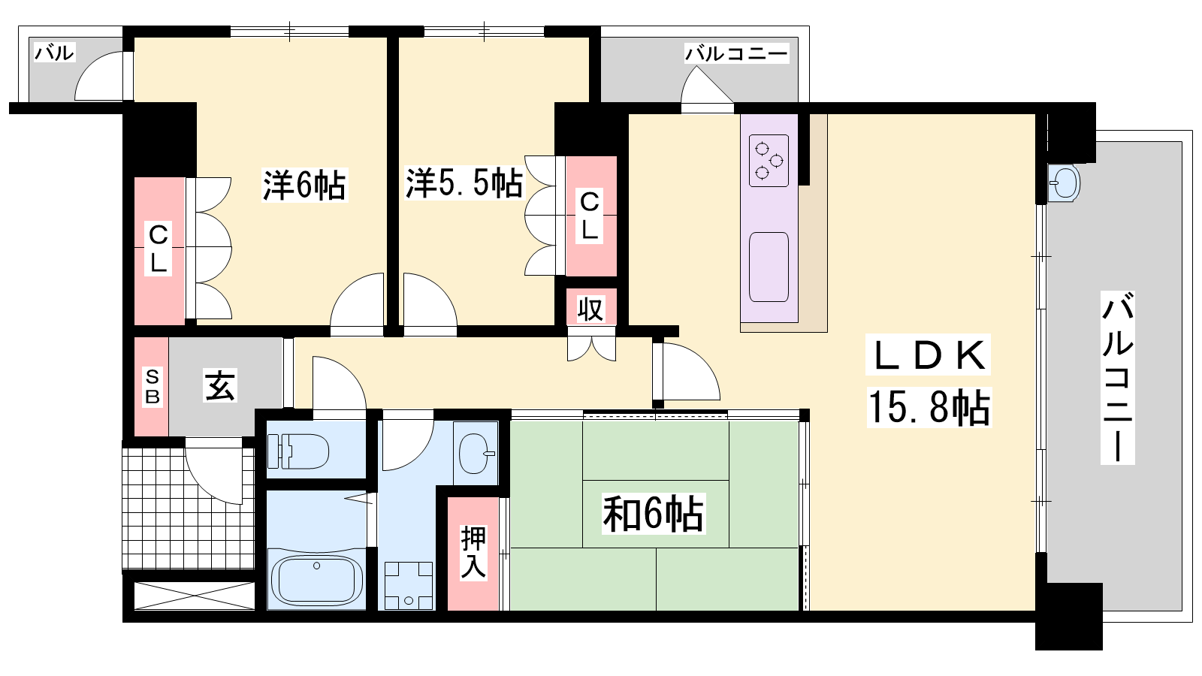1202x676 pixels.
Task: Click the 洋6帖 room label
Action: point(304,185)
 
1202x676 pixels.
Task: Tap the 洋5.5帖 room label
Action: point(464,183)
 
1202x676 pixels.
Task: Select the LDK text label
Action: point(929,355)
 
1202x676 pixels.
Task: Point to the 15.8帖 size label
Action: point(929,408)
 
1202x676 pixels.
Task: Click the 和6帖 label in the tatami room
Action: point(653,514)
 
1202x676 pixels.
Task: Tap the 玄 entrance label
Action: point(219,385)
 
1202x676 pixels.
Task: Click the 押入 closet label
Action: point(473,553)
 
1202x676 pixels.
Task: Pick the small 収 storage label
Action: point(590,308)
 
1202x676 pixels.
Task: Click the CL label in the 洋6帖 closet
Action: point(159,249)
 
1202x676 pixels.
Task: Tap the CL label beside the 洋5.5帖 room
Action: point(589,215)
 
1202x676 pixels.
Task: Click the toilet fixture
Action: point(297,451)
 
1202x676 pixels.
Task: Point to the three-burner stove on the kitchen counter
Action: point(769,160)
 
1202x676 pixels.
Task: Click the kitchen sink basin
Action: point(769,267)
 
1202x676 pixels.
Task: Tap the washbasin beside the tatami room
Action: point(475,454)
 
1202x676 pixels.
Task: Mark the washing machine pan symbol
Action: point(409,585)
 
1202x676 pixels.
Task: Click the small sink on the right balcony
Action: point(1063,183)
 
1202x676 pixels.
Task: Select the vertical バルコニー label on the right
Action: point(1117,377)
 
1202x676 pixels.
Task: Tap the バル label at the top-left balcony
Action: point(55,53)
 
